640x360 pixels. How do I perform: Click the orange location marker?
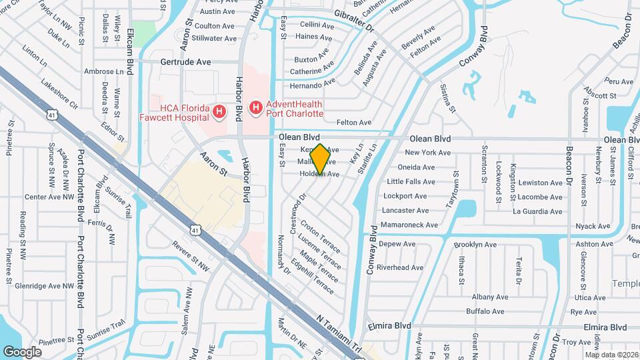(x=321, y=159)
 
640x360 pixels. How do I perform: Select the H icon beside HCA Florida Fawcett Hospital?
(x=219, y=113)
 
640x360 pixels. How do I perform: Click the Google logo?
(x=22, y=351)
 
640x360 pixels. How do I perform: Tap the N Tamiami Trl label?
(x=339, y=333)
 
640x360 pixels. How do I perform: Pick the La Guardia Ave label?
(x=537, y=211)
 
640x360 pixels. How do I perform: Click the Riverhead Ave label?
(x=400, y=267)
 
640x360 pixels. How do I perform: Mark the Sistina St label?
(x=447, y=98)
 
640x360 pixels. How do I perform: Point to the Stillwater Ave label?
(x=213, y=39)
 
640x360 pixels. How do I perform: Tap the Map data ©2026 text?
(x=611, y=354)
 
